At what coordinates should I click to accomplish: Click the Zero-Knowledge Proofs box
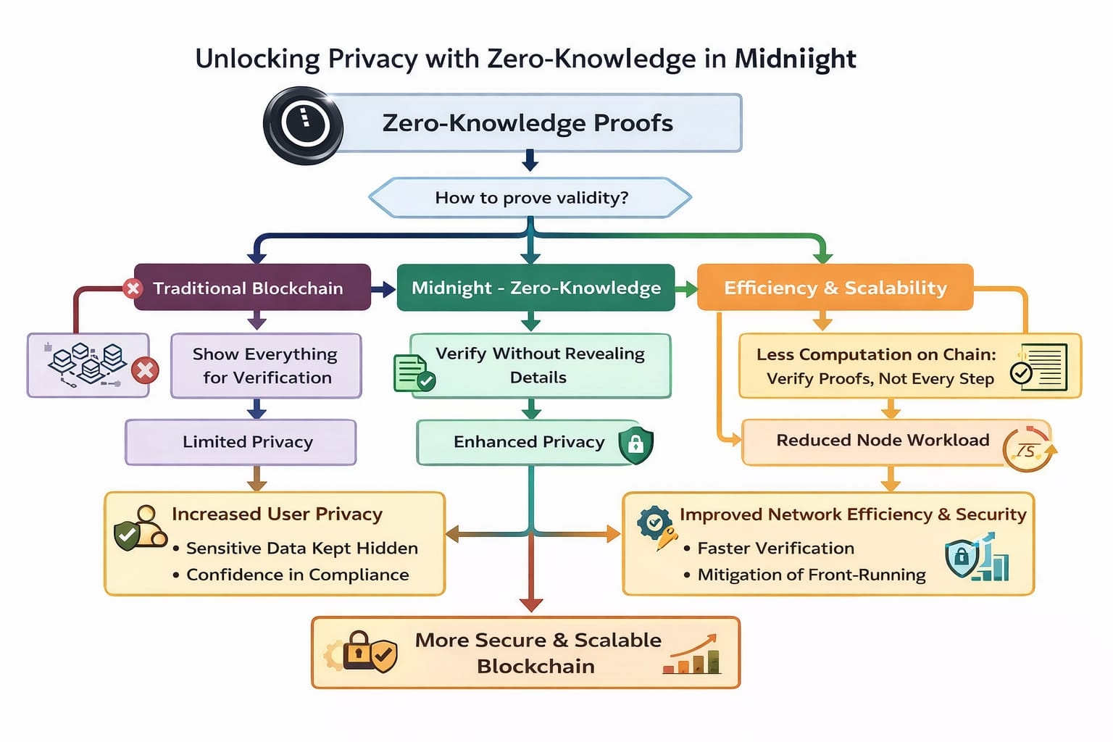click(536, 123)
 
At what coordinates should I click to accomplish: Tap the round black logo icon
click(304, 125)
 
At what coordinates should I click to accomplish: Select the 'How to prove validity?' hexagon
click(530, 198)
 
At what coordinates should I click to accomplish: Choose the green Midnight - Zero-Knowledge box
click(535, 288)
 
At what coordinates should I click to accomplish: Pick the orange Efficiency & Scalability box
click(835, 288)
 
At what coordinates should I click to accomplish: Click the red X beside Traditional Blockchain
click(133, 288)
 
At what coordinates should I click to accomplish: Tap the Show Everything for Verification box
click(266, 366)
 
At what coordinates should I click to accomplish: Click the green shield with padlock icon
click(635, 444)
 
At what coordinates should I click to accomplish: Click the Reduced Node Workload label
click(883, 441)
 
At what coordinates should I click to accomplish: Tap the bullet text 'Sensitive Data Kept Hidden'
click(301, 549)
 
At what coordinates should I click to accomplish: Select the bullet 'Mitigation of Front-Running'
click(811, 575)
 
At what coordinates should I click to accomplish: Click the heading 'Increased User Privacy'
click(277, 514)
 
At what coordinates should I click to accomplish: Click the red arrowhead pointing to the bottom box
click(531, 604)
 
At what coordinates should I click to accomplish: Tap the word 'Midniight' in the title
click(795, 59)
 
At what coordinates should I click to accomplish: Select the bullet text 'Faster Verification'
click(775, 549)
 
